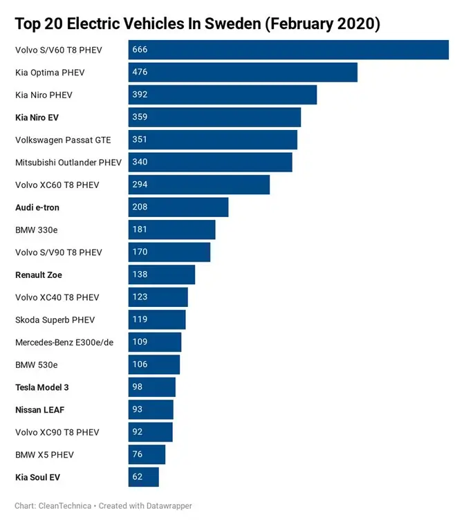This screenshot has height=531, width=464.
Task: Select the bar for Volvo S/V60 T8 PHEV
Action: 288,50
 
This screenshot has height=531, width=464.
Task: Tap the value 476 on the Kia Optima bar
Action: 140,72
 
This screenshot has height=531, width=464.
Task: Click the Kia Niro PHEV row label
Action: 44,95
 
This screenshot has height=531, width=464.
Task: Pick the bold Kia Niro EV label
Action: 37,118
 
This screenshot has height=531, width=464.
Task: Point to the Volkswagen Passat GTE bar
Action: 212,140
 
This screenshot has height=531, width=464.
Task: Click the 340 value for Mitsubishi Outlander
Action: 140,162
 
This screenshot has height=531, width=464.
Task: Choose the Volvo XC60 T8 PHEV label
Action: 57,185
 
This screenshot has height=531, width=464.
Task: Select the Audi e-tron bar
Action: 178,207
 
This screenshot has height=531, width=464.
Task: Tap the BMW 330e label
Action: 35,230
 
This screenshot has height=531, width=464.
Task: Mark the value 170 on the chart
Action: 140,252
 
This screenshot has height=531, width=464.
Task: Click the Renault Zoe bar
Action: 161,274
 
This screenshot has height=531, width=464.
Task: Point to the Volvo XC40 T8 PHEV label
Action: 57,297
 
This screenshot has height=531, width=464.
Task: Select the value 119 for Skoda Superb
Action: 140,319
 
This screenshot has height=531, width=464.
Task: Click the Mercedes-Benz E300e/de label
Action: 64,342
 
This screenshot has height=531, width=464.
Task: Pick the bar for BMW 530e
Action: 154,364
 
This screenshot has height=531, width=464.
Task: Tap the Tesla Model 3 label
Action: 41,387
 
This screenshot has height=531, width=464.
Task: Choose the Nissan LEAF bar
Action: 151,409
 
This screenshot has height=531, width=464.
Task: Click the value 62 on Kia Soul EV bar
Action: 138,477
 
